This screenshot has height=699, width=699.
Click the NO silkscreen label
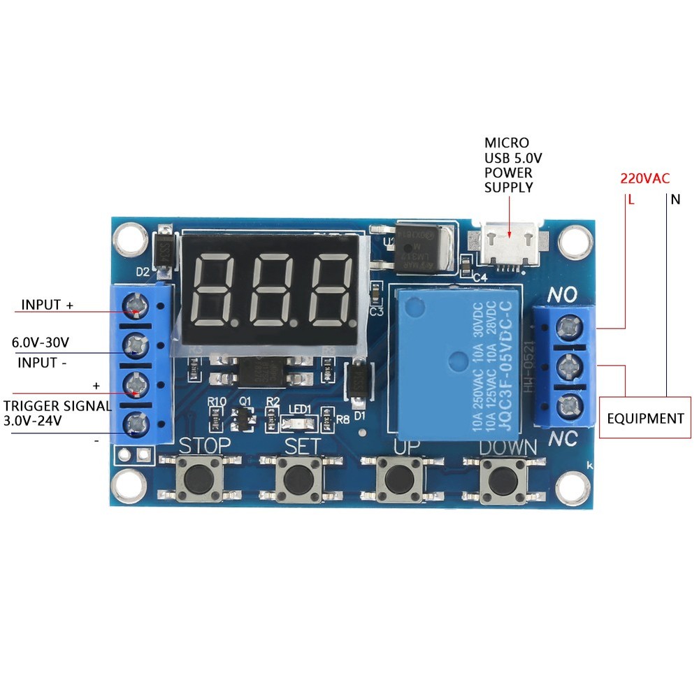tap(561, 296)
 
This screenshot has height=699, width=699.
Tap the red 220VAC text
tap(644, 178)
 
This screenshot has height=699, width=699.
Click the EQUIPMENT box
tap(644, 419)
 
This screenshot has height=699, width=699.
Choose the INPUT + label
tap(47, 305)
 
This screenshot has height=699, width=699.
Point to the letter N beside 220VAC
tap(675, 200)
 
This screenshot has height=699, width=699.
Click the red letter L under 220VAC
tap(630, 200)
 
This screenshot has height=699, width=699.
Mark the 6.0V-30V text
tap(41, 343)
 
